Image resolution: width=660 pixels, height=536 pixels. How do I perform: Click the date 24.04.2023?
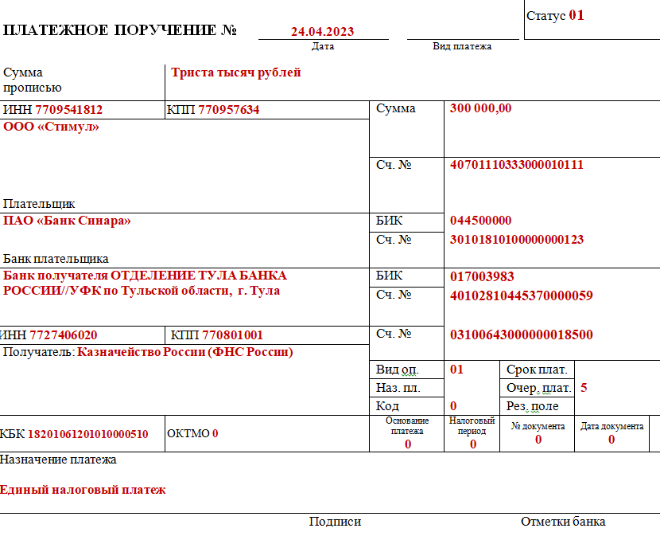click(322, 32)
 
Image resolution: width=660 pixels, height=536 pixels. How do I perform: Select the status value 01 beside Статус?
click(577, 15)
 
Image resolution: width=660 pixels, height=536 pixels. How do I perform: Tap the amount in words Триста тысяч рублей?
click(236, 72)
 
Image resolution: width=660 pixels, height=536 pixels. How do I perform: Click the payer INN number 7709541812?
click(68, 110)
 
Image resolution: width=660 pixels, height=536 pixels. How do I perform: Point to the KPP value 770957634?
click(229, 110)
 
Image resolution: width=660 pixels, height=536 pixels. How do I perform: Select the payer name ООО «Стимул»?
click(52, 126)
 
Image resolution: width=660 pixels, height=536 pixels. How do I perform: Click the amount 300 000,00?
click(480, 109)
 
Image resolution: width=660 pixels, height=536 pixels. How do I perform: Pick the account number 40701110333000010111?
click(517, 165)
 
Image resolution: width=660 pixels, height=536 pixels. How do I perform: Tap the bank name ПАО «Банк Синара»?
click(68, 221)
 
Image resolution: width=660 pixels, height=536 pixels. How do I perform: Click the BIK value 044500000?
click(481, 221)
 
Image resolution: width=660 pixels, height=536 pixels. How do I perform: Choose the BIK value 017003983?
click(482, 276)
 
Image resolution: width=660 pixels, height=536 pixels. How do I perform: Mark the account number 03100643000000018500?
click(522, 335)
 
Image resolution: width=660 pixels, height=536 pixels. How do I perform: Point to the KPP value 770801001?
click(233, 335)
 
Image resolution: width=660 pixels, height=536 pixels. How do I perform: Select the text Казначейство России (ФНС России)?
click(184, 352)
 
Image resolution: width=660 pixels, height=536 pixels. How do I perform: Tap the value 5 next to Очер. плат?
click(584, 388)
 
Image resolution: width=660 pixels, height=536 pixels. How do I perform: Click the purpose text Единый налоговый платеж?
click(83, 490)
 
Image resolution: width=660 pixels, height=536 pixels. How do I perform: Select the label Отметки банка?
click(563, 522)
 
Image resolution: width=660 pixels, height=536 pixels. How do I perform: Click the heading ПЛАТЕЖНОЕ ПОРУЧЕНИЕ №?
click(121, 31)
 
